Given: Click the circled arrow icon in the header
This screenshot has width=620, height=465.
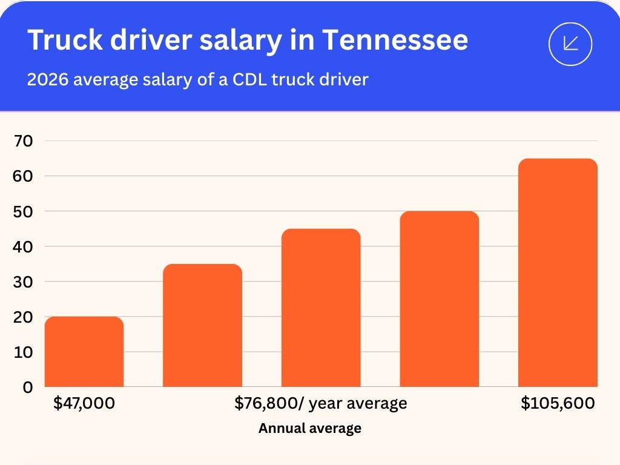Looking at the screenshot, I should [570, 44].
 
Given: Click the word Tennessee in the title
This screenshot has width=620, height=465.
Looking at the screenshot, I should [395, 40].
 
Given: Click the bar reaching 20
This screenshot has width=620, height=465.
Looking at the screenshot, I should [84, 352].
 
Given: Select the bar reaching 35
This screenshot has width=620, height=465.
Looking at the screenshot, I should [202, 326].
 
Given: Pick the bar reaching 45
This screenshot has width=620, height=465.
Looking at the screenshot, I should [321, 308].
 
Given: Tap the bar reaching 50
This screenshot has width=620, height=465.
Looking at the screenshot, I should [439, 299].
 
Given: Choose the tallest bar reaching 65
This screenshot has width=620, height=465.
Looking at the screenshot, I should [558, 272].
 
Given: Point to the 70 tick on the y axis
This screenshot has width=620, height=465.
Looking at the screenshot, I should [24, 141].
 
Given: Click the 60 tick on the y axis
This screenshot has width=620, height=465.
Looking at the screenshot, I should [24, 176].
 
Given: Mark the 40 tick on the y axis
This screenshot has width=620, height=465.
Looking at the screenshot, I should [24, 246].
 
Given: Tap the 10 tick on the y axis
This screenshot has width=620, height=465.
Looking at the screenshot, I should [24, 352].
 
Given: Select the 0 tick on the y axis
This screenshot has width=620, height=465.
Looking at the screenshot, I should [28, 387].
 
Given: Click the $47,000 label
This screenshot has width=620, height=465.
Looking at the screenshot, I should [84, 403].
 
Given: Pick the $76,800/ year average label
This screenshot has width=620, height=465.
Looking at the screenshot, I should [321, 403].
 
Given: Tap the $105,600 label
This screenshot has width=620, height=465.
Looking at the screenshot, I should [558, 403].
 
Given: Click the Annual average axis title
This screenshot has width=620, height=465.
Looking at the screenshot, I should [310, 428].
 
